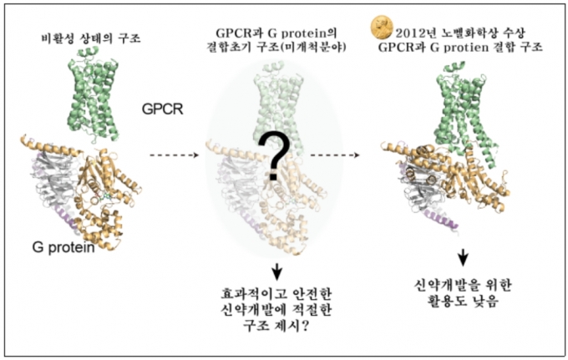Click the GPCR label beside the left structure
pos(163,109)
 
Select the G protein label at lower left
pos(63,248)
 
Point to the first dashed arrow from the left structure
pos(175,155)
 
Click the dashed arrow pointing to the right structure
pos(335,155)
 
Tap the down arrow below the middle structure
pos(277,271)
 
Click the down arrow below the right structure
pos(463,258)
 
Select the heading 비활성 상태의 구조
pos(91,38)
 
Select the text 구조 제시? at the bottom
pos(276,326)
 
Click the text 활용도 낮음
pos(463,301)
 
